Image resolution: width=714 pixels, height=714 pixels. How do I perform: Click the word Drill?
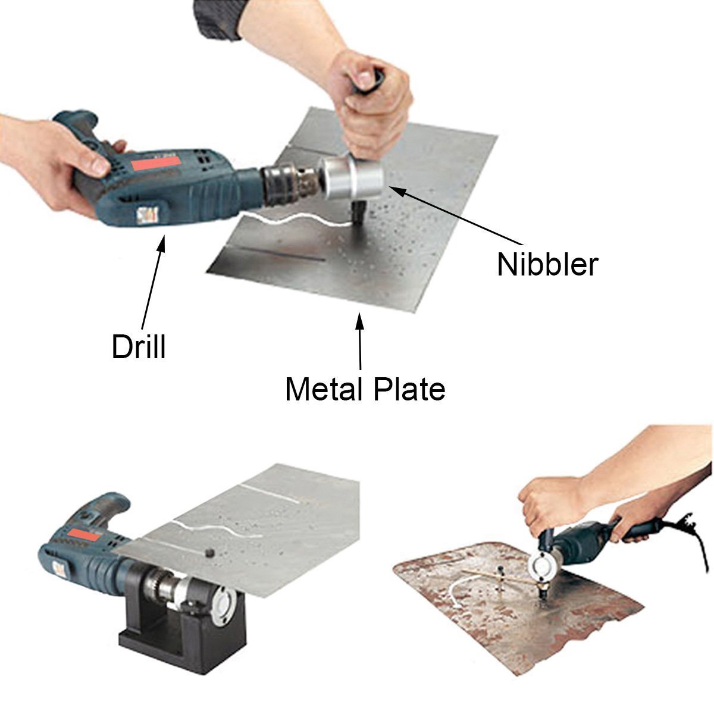click(139, 347)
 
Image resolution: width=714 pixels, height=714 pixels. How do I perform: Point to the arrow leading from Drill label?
click(152, 280)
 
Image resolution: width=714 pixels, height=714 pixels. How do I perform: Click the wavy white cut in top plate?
click(292, 221)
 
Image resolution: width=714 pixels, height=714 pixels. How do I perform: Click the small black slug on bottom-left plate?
click(209, 553)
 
